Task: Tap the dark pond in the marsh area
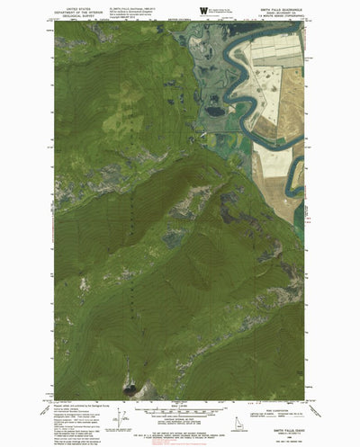(216, 111)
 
